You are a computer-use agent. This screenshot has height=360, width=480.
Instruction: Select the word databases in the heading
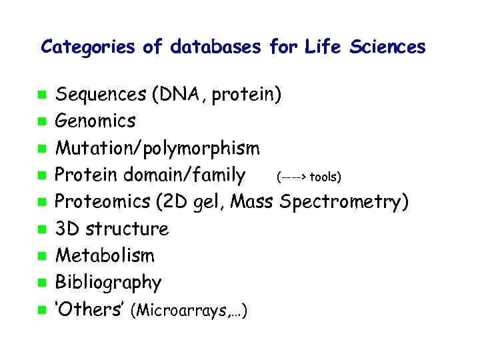(216, 47)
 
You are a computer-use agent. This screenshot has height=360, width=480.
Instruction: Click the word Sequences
(101, 95)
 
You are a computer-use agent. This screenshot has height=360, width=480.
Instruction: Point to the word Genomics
(95, 121)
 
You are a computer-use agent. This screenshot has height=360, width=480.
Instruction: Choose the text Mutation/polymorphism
(157, 148)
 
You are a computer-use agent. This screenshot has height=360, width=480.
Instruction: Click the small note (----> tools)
(308, 177)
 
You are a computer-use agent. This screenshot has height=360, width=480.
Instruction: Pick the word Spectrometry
(344, 202)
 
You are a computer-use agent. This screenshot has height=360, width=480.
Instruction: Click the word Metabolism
(104, 255)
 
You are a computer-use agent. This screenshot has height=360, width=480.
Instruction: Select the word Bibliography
(108, 283)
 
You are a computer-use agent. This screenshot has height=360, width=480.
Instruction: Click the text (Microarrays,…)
(191, 311)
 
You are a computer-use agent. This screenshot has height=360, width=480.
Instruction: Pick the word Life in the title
(322, 47)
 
